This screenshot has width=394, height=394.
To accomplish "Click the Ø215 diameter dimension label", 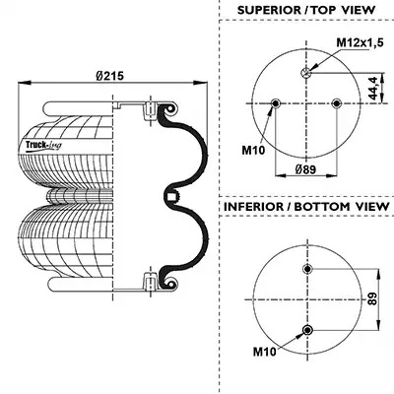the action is pyautogui.click(x=110, y=76).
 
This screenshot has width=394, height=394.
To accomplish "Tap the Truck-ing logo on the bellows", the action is pyautogui.click(x=43, y=145).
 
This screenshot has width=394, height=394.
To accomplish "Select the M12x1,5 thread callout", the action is pyautogui.click(x=361, y=42).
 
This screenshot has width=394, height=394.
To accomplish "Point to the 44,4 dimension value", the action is pyautogui.click(x=373, y=88).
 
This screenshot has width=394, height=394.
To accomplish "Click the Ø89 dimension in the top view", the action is pyautogui.click(x=305, y=169).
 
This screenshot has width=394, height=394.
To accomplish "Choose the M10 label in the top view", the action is pyautogui.click(x=253, y=151).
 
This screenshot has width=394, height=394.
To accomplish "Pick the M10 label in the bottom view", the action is pyautogui.click(x=264, y=353).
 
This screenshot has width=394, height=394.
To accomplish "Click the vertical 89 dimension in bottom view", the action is pyautogui.click(x=372, y=298).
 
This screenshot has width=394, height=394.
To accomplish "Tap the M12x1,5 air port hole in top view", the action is pyautogui.click(x=306, y=73).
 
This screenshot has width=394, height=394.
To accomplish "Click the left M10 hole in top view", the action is pyautogui.click(x=275, y=103).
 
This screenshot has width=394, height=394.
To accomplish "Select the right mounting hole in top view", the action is pyautogui.click(x=337, y=103).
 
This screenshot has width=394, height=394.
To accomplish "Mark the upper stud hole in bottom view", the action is pyautogui.click(x=307, y=269).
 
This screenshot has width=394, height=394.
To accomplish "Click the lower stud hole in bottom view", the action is pyautogui.click(x=307, y=330).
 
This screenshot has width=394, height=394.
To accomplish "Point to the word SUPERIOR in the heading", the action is pyautogui.click(x=268, y=10).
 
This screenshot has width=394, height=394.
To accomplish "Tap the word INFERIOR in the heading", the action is pyautogui.click(x=253, y=207).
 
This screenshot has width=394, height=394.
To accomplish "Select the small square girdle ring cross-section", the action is pyautogui.click(x=171, y=197).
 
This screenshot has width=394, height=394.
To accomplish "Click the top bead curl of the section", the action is pyautogui.click(x=169, y=109).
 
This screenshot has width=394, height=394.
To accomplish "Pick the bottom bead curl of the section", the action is pyautogui.click(x=169, y=283).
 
